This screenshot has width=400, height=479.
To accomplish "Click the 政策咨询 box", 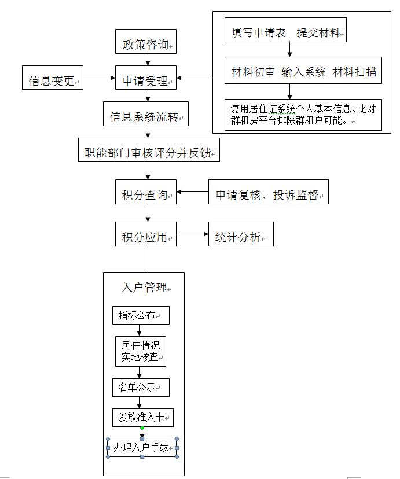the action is coord(146,42).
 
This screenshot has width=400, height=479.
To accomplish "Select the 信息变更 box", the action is coord(53,78).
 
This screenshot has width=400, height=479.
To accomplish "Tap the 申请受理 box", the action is coord(146,78).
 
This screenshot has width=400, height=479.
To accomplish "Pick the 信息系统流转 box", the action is coord(146,113).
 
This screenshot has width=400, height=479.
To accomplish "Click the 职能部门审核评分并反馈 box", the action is coord(149,150).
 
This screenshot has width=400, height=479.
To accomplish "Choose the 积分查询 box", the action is coord(146,192).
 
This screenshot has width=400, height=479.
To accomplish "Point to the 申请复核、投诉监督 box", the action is coord(268,192).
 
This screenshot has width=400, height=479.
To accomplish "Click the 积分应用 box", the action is coord(146,234).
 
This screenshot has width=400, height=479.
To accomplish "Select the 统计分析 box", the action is coord(241,234).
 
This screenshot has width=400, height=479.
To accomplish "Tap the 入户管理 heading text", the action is coord(144,288).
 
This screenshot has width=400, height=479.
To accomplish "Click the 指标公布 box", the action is coord(141,315).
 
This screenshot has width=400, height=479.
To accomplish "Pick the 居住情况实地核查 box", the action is coord(141,351).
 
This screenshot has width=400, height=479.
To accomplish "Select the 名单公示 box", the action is coord(141,388).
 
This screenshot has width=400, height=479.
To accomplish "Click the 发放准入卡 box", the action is coord(143,418).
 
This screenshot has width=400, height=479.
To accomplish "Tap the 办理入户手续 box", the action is coord(142,448).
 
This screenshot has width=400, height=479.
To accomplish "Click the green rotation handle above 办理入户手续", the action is coord(142,428).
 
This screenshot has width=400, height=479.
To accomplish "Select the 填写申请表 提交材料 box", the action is coord(285,30).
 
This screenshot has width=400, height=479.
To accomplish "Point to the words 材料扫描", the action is coord(354,72).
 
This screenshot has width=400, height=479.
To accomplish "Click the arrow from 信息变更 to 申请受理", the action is coord(100,78).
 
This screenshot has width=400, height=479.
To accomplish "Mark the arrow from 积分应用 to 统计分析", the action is coord(193,234).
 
